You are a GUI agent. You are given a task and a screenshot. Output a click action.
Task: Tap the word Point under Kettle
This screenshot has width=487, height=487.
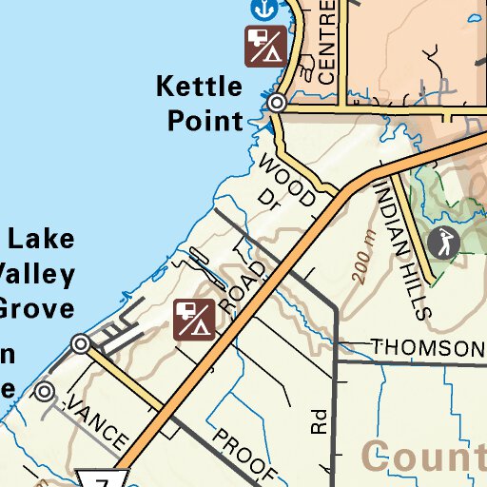[205, 121]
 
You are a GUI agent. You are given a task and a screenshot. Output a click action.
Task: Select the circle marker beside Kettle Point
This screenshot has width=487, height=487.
[277, 102]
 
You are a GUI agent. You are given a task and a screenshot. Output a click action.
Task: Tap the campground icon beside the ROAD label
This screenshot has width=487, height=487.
[193, 320]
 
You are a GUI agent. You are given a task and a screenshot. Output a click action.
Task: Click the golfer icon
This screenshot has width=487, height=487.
[443, 243]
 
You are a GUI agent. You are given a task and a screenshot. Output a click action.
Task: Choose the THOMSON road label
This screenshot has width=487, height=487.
[427, 348]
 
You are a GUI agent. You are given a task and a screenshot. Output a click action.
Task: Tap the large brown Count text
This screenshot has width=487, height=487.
[424, 457]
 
